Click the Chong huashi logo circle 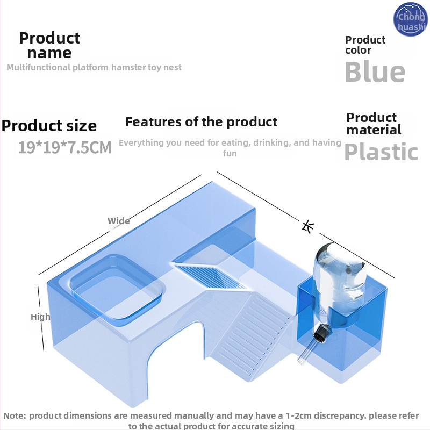411,20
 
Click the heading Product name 49,45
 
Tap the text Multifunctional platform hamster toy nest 94,68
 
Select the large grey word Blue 375,72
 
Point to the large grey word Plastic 381,152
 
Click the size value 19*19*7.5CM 65,147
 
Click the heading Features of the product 202,121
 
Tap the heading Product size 49,126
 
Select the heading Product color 365,45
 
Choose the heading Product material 374,124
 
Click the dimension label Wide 118,221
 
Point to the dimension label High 40,317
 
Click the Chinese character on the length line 308,226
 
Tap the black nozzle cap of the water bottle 322,334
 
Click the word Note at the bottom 15,415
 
